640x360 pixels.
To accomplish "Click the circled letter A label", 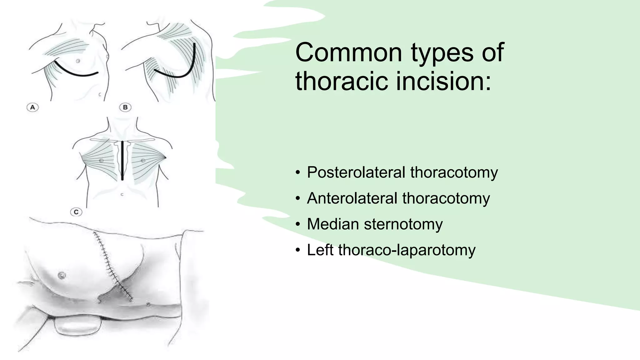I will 32,108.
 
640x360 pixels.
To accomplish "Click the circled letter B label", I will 125,108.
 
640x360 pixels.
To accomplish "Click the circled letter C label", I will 76,212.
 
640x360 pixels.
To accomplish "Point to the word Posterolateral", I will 356,172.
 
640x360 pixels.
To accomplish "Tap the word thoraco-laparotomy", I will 407,250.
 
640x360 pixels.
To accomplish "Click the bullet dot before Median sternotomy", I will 298,224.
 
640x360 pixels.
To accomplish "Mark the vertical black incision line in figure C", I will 122,161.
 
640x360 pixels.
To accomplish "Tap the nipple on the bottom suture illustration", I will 62,275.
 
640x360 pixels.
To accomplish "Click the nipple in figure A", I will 78,61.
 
